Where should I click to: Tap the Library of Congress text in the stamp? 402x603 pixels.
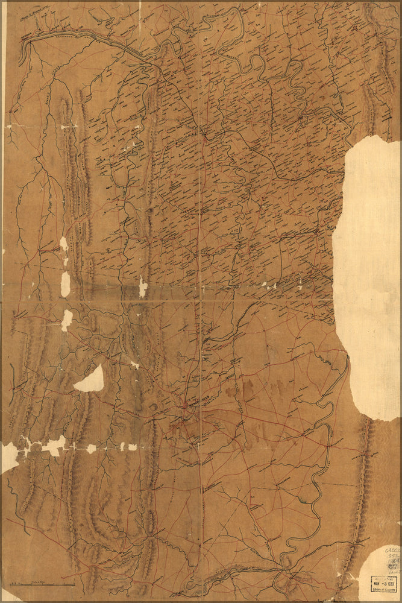(384, 590)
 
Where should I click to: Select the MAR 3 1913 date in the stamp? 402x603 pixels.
(383, 582)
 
